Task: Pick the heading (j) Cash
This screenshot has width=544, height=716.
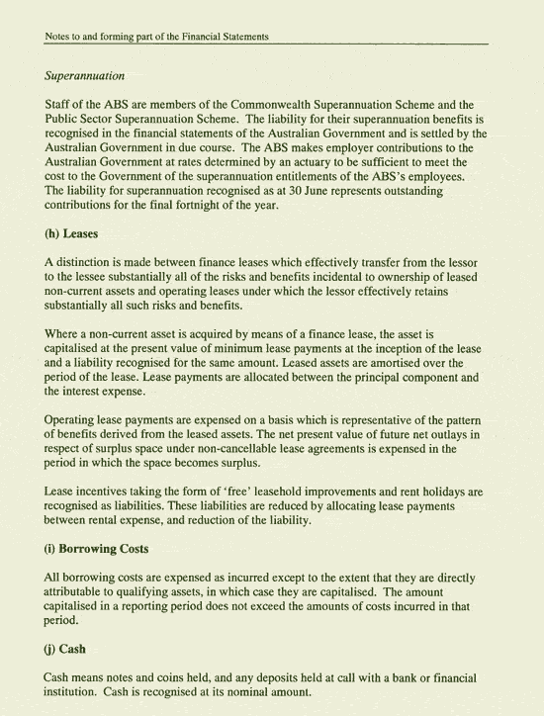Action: (69, 651)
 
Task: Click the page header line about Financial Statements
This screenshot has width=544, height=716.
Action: (157, 38)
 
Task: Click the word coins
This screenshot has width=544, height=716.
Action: (173, 678)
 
